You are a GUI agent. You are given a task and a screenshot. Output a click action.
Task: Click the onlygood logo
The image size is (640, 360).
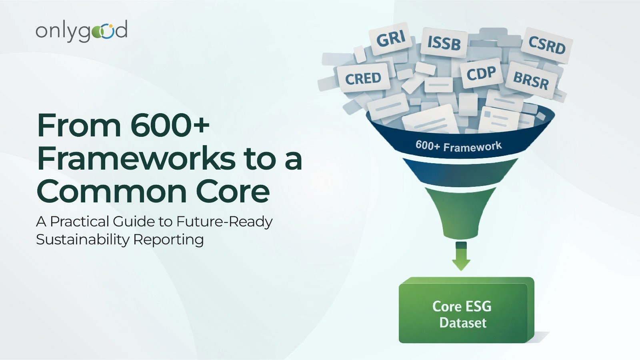82,31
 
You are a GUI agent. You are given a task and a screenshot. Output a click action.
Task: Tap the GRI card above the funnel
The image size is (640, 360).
391,39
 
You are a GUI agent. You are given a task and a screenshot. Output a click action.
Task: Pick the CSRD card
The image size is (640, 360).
547,45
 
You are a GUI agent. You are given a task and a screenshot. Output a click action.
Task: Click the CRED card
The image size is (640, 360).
363,78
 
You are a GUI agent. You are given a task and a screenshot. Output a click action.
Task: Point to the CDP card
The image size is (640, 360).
481,74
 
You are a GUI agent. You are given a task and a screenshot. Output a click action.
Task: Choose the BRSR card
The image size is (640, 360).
531,80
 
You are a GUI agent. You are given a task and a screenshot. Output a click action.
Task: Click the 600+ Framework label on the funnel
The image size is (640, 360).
458,146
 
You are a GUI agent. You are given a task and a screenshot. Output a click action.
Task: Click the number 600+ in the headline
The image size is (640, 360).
170,125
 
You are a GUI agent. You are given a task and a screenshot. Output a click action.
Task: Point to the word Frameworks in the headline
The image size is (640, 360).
136,158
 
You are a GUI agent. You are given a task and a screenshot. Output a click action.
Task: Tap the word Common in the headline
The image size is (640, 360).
112,192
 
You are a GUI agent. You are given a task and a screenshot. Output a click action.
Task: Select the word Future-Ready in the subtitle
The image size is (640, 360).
224,221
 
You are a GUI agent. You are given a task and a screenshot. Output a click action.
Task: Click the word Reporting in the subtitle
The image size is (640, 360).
168,240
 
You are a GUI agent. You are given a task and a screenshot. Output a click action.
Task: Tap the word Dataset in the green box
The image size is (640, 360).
463,323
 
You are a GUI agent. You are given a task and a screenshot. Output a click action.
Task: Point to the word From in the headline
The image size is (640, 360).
79,125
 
